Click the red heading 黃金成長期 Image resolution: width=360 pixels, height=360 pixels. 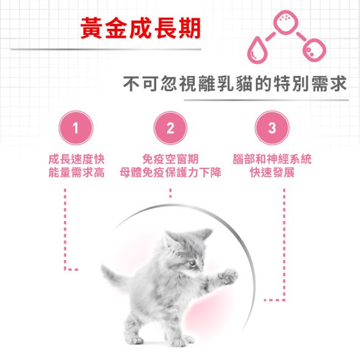coord(141,28)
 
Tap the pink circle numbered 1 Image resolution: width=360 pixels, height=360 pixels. coord(76,128)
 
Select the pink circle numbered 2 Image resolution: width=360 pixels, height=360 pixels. coord(170,128)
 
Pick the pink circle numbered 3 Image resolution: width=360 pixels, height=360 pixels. coord(272,128)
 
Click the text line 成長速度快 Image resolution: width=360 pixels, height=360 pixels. coord(77,159)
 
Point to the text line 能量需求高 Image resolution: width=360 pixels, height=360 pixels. coord(77,173)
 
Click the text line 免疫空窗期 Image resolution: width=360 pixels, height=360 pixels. coord(170,159)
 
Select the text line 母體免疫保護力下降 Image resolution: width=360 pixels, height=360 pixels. coord(170,173)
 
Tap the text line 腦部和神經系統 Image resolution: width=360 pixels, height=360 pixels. coord(272,159)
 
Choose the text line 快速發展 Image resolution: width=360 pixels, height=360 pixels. coord(272,173)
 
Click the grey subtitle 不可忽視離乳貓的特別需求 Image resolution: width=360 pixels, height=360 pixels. coord(235,83)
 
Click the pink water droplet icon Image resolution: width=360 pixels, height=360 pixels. coord(257,50)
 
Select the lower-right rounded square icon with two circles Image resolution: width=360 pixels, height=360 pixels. coord(314,50)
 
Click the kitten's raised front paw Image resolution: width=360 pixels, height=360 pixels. coord(228,276)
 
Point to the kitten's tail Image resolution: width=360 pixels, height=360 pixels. coord(115,276)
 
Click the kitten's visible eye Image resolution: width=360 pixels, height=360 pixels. coord(192,263)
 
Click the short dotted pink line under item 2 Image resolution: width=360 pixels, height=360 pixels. coord(170,193)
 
